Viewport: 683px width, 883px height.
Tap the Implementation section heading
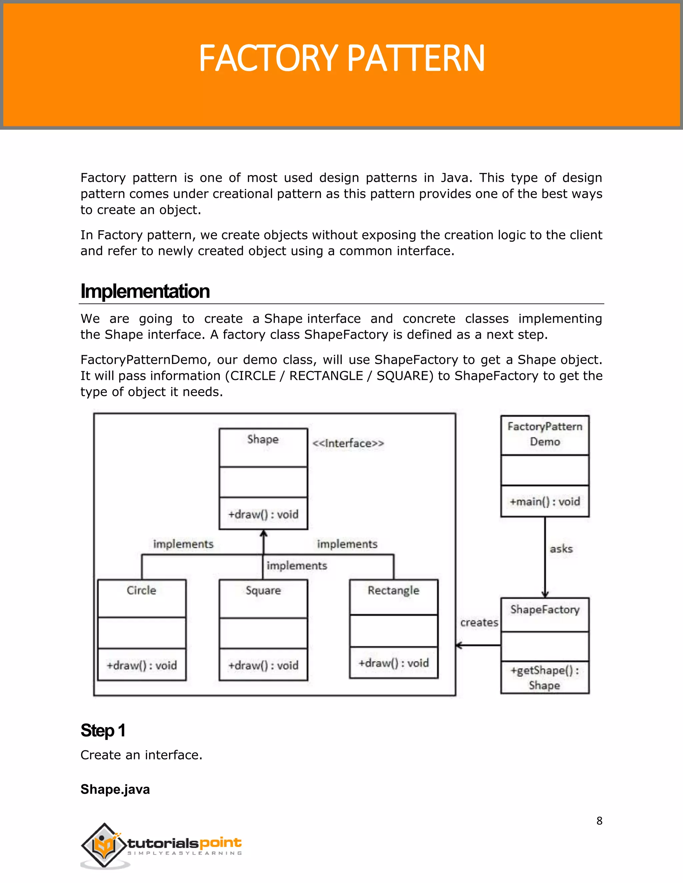click(x=145, y=291)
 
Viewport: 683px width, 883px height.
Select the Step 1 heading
click(x=103, y=730)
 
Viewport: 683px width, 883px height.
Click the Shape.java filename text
click(x=115, y=789)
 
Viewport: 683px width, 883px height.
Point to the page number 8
click(x=599, y=821)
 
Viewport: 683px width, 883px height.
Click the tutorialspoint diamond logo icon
click(x=104, y=845)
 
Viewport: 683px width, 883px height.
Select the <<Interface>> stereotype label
click(x=348, y=443)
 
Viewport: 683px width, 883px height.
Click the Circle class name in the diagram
click(x=141, y=590)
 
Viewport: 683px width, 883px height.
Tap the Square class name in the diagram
click(x=263, y=590)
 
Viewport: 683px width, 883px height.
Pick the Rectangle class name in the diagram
click(x=393, y=590)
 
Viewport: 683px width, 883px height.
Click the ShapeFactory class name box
click(x=545, y=610)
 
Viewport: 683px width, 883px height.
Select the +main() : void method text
click(x=545, y=502)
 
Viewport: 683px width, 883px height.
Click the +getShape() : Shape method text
click(x=545, y=678)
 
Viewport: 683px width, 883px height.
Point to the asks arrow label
click(x=561, y=549)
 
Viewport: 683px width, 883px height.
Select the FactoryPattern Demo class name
click(x=545, y=434)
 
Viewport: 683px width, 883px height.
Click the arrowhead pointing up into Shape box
click(x=263, y=534)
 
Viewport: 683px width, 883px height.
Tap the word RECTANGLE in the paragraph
click(x=326, y=376)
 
